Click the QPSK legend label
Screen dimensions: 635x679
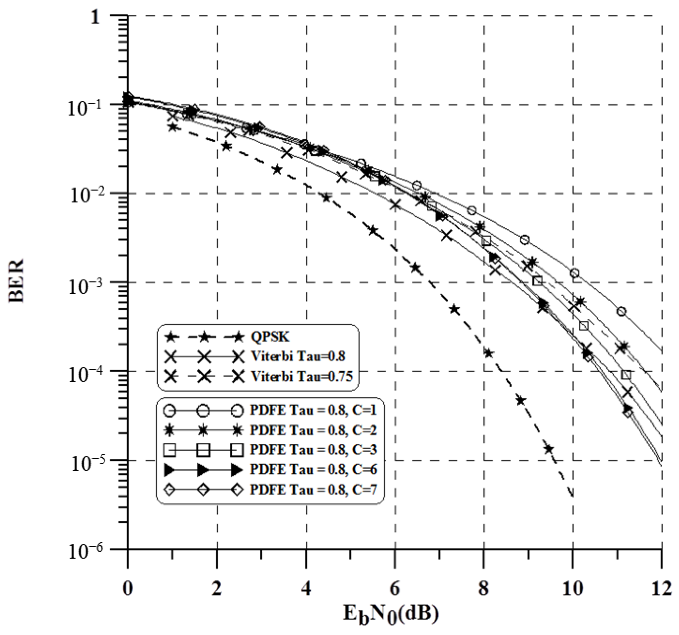[270, 337]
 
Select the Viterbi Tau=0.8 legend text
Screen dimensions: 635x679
[298, 356]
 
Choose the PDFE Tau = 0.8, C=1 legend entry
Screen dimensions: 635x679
[313, 410]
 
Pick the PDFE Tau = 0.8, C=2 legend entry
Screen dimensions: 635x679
[313, 430]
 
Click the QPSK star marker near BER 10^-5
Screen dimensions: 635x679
[548, 449]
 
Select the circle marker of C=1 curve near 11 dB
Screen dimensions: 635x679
[621, 312]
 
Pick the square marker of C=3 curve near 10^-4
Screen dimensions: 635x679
[626, 375]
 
